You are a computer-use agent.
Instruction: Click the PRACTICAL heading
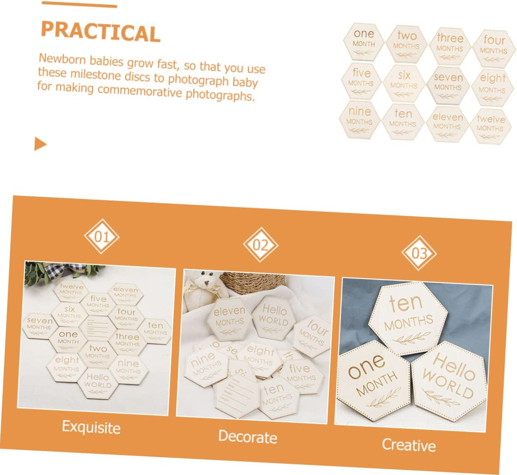[x=100, y=31]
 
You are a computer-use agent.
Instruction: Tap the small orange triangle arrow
[x=40, y=144]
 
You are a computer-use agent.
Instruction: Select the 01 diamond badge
[x=101, y=237]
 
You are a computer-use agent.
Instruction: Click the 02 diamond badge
[x=260, y=245]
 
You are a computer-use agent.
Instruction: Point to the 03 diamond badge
[x=419, y=253]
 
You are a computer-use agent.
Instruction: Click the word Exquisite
[x=91, y=427]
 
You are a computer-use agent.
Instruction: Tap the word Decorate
[x=247, y=436]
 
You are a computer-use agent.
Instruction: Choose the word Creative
[x=409, y=445]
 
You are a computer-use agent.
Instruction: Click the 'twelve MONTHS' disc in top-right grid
[x=490, y=125]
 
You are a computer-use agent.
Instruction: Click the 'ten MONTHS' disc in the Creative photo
[x=408, y=318]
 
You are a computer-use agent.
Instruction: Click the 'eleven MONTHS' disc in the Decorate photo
[x=229, y=318]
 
